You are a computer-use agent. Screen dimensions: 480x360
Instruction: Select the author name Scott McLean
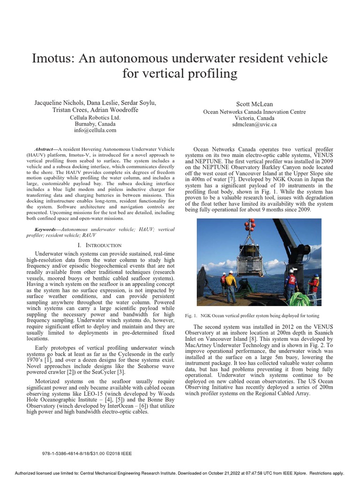click(x=255, y=104)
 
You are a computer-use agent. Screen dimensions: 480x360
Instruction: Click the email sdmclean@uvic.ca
click(x=255, y=125)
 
